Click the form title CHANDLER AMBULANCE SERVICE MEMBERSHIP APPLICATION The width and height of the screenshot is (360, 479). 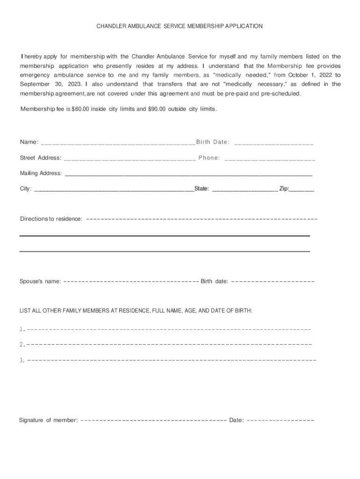coord(180,26)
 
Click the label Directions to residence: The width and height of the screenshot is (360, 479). coord(51,219)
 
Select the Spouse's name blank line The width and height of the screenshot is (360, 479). coord(131,282)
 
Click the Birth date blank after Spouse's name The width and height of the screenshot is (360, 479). coord(273,282)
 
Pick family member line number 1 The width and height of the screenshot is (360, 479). coord(168,329)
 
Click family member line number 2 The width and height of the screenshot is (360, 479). coord(168,345)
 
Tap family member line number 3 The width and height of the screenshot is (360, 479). coord(171,360)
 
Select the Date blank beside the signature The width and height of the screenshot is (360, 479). coord(280,420)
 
